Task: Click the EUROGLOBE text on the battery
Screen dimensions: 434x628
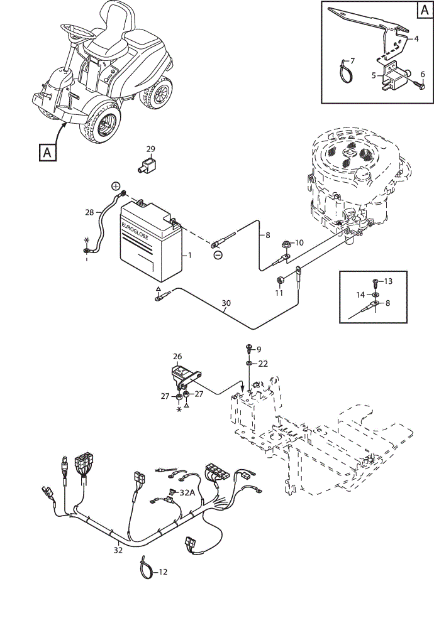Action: [135, 231]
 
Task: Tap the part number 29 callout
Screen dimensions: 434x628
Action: [150, 149]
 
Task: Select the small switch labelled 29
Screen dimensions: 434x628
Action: [147, 165]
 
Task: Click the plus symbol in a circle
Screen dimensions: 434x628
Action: [116, 186]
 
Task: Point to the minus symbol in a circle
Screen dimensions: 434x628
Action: [218, 255]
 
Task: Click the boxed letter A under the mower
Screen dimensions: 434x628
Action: [47, 152]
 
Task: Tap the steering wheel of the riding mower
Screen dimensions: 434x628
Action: [77, 31]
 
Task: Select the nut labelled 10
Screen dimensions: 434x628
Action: [286, 242]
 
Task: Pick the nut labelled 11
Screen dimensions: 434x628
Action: [281, 279]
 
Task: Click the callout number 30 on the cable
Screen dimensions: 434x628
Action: [226, 303]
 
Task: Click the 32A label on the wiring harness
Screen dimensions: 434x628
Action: [187, 492]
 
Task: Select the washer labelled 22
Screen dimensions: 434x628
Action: [249, 363]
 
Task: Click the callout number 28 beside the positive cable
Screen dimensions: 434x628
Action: [89, 212]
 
